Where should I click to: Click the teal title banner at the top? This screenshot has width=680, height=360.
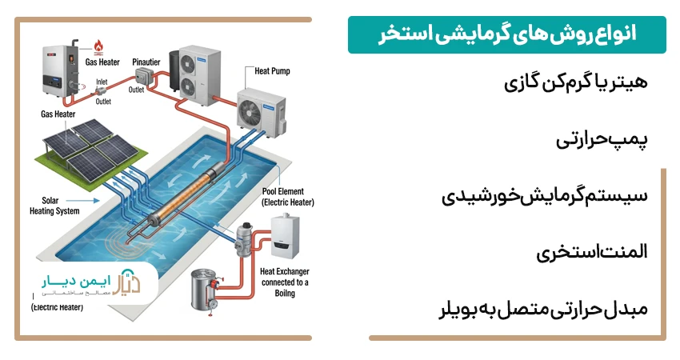506,34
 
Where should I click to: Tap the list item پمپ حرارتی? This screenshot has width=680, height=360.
601,139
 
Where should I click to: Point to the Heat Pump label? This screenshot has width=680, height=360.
272,71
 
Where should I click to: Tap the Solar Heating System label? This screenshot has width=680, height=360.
54,206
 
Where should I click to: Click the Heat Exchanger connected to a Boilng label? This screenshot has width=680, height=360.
284,282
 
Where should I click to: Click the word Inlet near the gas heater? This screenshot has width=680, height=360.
102,82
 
